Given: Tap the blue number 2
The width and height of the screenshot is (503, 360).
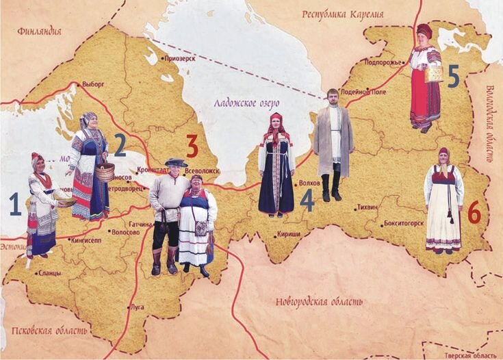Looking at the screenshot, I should click(120, 144).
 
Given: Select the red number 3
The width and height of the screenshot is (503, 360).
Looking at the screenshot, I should click(192, 145).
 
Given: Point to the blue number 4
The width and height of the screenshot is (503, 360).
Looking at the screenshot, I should click(307, 200).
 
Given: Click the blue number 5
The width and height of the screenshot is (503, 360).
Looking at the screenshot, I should click(452, 77).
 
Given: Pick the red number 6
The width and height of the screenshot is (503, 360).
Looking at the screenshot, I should click(474, 214).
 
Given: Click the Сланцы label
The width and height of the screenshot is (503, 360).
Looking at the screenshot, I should click(49, 273).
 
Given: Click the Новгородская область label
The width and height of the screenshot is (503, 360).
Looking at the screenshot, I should click(320, 302).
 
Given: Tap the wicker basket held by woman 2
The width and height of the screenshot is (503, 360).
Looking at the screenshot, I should click(105, 171).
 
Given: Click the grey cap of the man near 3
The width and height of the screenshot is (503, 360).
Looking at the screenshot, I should click(175, 162).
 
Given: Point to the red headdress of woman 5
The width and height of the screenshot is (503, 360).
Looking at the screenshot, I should click(424, 31).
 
